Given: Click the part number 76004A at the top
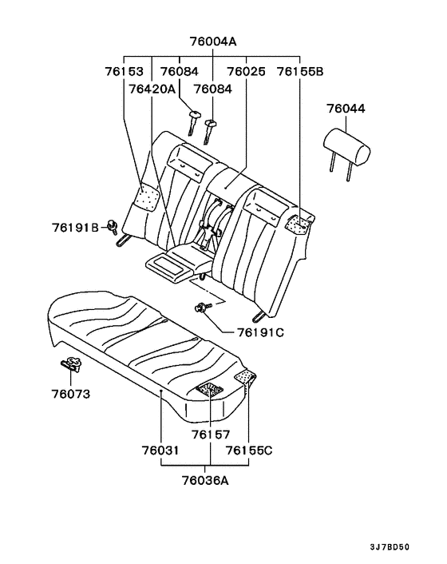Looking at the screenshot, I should click(214, 42).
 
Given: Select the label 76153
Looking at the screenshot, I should click(125, 72).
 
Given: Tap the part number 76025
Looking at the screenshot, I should click(246, 72).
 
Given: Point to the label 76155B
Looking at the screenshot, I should click(300, 72).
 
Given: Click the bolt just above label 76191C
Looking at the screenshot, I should click(201, 307).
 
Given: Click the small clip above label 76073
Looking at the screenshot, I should click(70, 365).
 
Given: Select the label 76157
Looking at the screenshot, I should click(211, 435).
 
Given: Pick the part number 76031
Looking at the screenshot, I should click(161, 451).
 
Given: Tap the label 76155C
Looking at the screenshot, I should click(249, 451).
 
